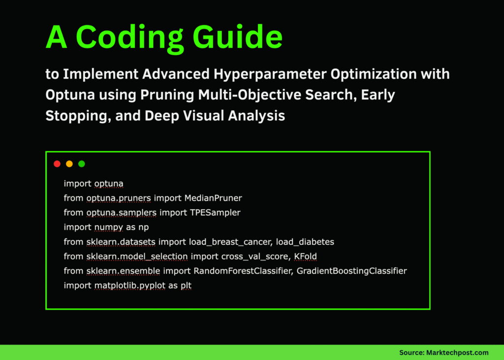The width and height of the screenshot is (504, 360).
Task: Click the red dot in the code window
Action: coord(57,164)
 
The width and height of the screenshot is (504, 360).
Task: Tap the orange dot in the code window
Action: coord(69,164)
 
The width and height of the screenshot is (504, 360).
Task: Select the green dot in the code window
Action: coord(82,164)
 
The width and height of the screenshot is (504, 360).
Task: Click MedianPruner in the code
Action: coord(213,198)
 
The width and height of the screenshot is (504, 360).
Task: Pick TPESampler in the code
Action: coord(217,212)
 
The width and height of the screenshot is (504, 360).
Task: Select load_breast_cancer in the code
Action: coord(230,242)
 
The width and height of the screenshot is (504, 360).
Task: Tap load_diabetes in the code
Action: coord(305,242)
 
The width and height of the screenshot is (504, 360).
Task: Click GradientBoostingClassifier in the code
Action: coord(351,271)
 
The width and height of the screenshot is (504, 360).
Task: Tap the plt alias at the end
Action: coord(186,285)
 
